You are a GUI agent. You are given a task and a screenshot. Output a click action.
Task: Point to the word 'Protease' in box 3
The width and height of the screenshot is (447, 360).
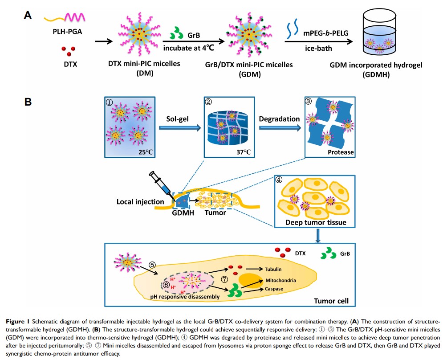point(340,152)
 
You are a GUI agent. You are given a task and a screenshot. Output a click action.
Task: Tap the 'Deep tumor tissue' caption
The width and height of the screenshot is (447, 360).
point(316,221)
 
